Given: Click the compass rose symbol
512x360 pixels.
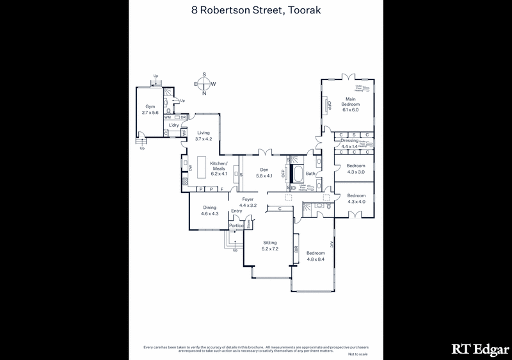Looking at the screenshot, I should [x=205, y=83].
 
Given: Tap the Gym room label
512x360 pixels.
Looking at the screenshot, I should [x=150, y=106].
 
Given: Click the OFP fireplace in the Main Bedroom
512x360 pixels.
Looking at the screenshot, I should [x=330, y=106].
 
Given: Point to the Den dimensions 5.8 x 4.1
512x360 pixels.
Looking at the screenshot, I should [x=264, y=176].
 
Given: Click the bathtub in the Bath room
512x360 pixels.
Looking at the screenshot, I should [x=298, y=174].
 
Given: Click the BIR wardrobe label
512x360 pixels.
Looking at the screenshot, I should [x=296, y=252].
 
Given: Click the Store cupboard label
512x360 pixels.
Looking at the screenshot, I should [x=249, y=224].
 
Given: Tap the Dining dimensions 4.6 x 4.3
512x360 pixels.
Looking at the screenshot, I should [x=210, y=213].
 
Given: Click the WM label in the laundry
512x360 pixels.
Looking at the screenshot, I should [x=168, y=117].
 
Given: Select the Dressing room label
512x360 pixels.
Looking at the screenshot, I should [x=349, y=140].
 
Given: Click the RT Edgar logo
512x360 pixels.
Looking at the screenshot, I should [x=479, y=348].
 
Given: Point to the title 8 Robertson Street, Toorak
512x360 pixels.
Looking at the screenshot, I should [x=255, y=10].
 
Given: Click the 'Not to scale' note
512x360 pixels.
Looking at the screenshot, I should [x=358, y=354].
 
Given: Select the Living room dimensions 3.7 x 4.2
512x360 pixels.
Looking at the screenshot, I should [x=203, y=138].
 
